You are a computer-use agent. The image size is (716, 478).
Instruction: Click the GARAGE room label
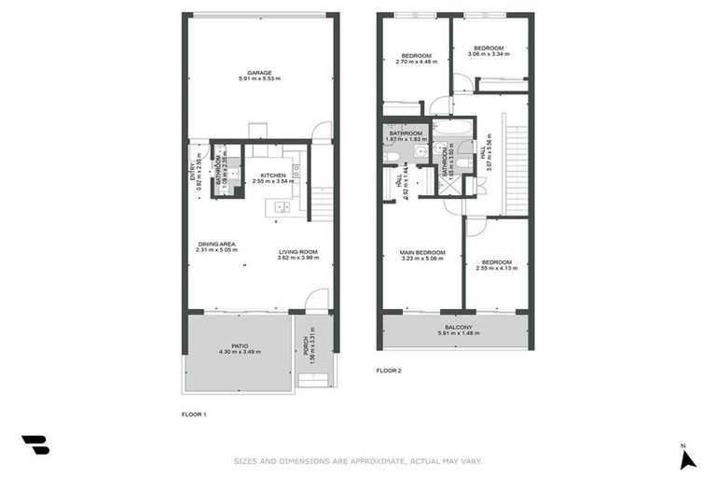pyautogui.click(x=259, y=72)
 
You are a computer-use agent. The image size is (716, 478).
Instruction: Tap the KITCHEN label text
pyautogui.click(x=272, y=175)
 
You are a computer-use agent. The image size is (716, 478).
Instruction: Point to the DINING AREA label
pyautogui.click(x=215, y=244)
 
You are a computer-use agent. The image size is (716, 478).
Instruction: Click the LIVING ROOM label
pyautogui.click(x=297, y=251)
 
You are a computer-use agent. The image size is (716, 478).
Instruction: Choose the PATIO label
pyautogui.click(x=240, y=345)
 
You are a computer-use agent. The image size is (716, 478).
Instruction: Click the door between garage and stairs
pyautogui.click(x=322, y=132)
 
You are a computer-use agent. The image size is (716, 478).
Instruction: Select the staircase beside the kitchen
pyautogui.click(x=320, y=203)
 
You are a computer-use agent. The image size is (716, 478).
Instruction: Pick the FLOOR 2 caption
pyautogui.click(x=388, y=371)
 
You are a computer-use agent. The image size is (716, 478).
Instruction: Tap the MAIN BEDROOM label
pyautogui.click(x=421, y=252)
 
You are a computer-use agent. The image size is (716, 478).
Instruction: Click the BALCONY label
pyautogui.click(x=457, y=327)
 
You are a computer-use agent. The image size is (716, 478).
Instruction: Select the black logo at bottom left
pyautogui.click(x=35, y=445)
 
